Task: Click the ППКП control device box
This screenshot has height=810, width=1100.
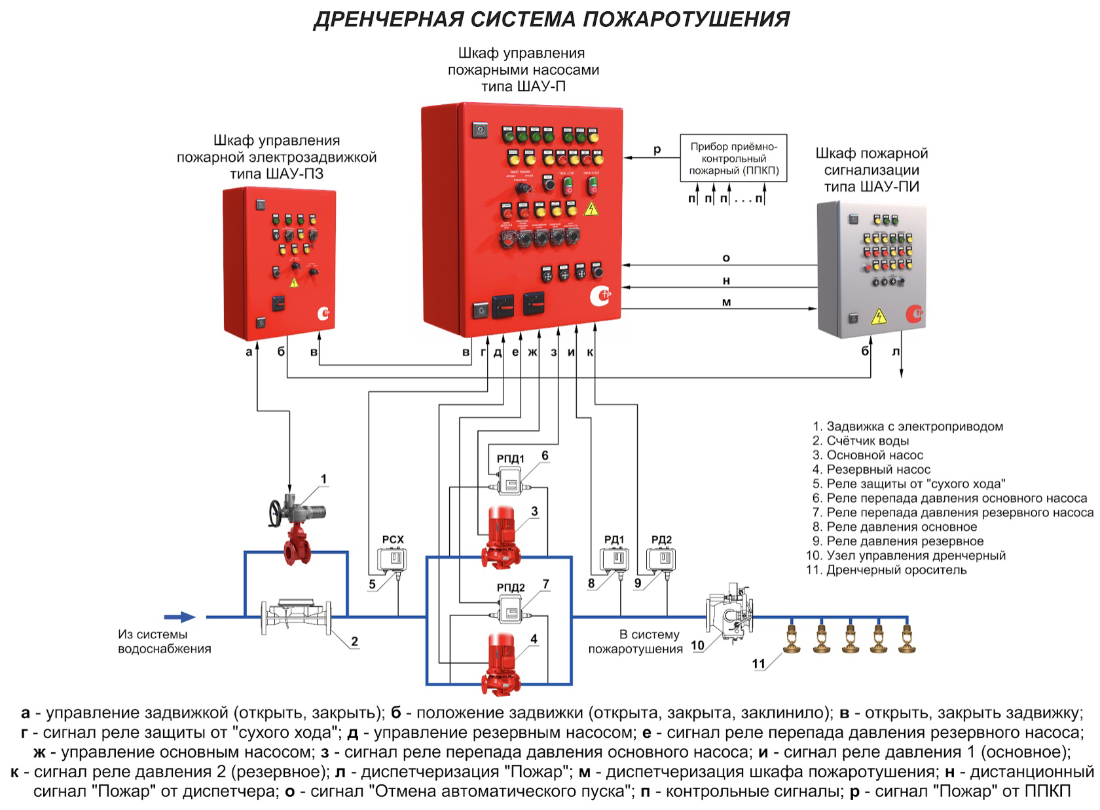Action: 733,158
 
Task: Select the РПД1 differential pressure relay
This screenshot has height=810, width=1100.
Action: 511,484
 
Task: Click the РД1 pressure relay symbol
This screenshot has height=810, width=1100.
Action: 615,559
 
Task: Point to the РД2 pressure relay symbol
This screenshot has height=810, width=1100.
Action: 661,559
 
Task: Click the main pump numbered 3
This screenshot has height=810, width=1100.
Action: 501,537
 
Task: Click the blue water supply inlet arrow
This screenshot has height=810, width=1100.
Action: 179,617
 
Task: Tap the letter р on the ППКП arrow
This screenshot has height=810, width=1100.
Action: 657,150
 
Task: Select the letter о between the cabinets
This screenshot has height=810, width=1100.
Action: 725,258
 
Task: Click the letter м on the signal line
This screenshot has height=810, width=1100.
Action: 726,302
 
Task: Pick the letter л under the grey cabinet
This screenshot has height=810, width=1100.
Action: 896,352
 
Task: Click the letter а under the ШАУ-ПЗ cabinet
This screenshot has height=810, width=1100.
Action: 248,352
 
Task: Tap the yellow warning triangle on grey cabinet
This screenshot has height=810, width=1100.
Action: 878,317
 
